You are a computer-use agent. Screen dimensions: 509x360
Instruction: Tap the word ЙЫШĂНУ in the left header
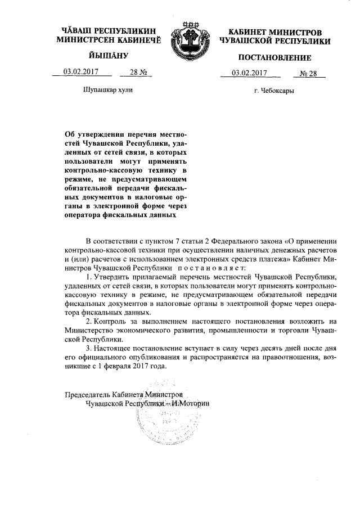pos(109,56)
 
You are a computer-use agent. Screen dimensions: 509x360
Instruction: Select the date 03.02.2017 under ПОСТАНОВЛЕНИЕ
pos(250,73)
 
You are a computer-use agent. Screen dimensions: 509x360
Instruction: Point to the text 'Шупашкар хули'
pos(109,90)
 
